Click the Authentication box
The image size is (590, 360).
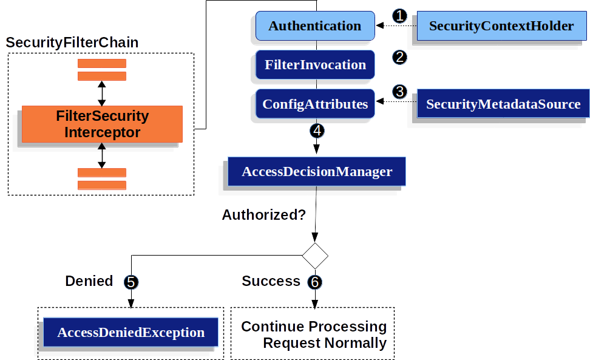pyautogui.click(x=314, y=26)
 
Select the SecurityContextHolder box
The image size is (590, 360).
pyautogui.click(x=501, y=26)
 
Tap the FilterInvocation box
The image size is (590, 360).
pyautogui.click(x=314, y=65)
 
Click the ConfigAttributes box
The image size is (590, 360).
pyautogui.click(x=314, y=104)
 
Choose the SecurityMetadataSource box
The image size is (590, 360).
pyautogui.click(x=503, y=104)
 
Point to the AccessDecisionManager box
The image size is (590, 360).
pyautogui.click(x=316, y=171)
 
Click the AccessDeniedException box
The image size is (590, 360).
pyautogui.click(x=131, y=333)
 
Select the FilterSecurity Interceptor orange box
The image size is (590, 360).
pyautogui.click(x=102, y=124)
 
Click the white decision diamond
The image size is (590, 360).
pyautogui.click(x=315, y=256)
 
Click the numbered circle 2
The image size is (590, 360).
pyautogui.click(x=399, y=57)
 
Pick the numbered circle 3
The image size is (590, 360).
pyautogui.click(x=399, y=92)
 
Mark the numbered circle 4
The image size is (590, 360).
pyautogui.click(x=316, y=130)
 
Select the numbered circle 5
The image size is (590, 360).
pyautogui.click(x=131, y=282)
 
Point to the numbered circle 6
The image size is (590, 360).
pyautogui.click(x=314, y=282)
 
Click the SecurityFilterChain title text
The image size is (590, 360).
pyautogui.click(x=72, y=43)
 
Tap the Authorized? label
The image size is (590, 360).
pyautogui.click(x=263, y=214)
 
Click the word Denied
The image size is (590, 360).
pyautogui.click(x=89, y=281)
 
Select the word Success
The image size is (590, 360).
pyautogui.click(x=271, y=281)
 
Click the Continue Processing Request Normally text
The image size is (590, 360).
pyautogui.click(x=314, y=335)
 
